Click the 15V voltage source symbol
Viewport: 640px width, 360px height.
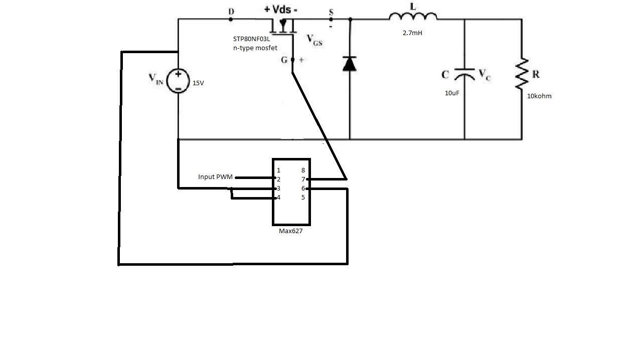click(178, 81)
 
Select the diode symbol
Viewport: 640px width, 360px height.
click(350, 64)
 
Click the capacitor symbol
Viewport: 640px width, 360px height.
click(464, 75)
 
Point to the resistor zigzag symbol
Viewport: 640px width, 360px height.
click(522, 74)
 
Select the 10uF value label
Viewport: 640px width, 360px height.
click(452, 93)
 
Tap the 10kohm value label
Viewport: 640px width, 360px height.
click(539, 96)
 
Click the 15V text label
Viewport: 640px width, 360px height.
click(198, 83)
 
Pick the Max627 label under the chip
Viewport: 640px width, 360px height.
click(291, 231)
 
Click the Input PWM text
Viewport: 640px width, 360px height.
click(215, 177)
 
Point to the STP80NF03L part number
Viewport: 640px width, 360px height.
click(251, 39)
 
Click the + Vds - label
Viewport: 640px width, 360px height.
click(281, 10)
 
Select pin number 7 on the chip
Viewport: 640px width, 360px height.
click(303, 179)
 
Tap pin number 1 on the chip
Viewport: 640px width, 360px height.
click(278, 170)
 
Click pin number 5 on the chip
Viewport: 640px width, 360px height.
click(303, 198)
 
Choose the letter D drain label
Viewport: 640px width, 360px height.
click(231, 11)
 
